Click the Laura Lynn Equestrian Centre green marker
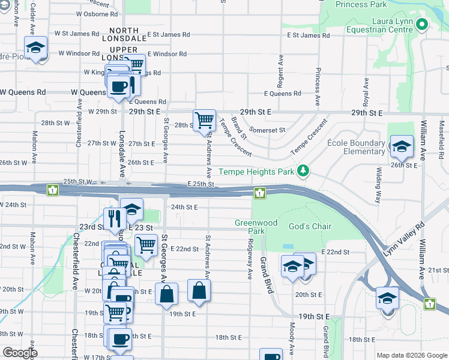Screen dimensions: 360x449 (421, 25)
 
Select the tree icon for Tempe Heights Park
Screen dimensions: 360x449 (304, 172)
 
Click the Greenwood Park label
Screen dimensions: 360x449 (256, 227)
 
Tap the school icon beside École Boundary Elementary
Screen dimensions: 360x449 (401, 146)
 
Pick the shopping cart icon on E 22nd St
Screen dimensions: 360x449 (146, 244)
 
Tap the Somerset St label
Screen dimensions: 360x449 (267, 130)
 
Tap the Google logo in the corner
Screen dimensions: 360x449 (20, 353)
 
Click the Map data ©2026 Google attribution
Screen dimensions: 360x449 (411, 355)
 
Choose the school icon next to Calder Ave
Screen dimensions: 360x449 (36, 47)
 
